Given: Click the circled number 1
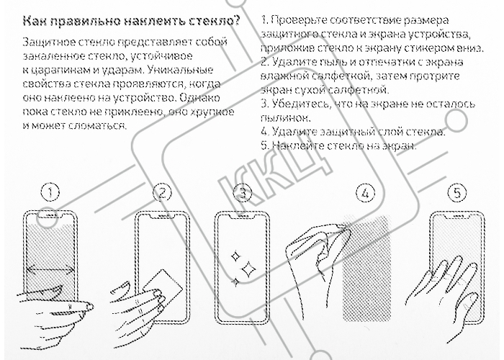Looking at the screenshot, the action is tap(50, 193).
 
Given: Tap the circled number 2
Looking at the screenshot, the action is tap(162, 193).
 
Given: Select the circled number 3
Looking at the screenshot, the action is tap(243, 193).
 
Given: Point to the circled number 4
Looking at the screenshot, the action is tap(366, 193).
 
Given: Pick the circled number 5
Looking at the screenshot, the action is tap(457, 193).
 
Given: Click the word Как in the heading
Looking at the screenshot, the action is tap(35, 21).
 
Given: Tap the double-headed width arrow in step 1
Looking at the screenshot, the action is tap(50, 269).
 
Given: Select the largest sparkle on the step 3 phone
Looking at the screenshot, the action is tap(248, 269).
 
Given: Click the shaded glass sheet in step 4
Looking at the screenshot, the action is tap(366, 268).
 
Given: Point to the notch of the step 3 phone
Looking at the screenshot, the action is tap(243, 216).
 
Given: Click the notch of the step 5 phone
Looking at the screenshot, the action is tap(457, 216).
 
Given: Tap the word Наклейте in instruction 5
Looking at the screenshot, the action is tap(298, 146).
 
